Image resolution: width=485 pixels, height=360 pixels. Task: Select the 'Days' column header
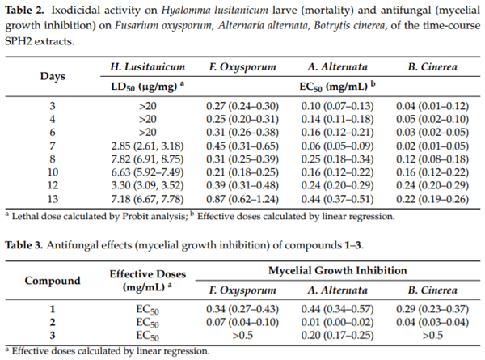(53, 76)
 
